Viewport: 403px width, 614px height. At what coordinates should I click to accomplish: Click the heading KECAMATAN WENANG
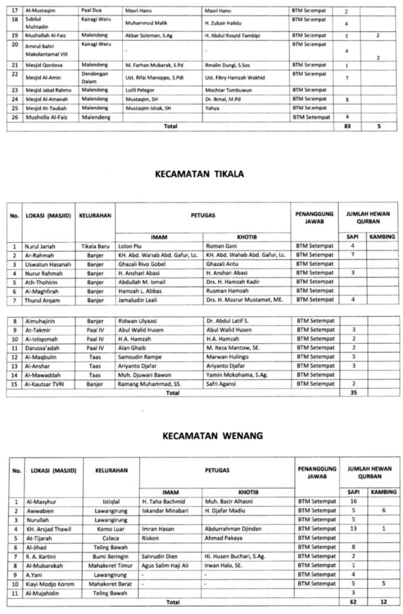pyautogui.click(x=201, y=435)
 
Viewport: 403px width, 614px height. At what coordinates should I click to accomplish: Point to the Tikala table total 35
pyautogui.click(x=354, y=393)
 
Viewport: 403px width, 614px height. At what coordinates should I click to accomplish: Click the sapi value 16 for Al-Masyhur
pyautogui.click(x=354, y=501)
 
